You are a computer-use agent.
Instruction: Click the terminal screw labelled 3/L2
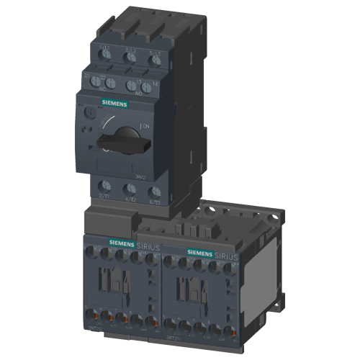click(130, 60)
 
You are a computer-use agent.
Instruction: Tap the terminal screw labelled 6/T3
click(155, 192)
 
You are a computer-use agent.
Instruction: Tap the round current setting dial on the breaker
click(87, 114)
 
